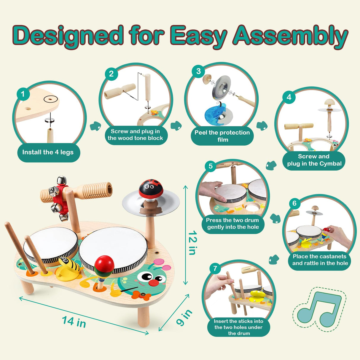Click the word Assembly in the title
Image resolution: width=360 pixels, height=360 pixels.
[x=290, y=36]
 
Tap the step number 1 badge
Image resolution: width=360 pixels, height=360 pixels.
[x=23, y=94]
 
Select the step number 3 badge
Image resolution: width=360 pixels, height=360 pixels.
[x=198, y=71]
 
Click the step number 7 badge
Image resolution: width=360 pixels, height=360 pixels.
[x=215, y=269]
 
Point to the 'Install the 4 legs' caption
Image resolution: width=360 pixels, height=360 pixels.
[x=48, y=152]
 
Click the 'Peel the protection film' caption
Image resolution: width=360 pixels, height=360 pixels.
[x=222, y=136]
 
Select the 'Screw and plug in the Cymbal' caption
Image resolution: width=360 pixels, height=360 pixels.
[x=314, y=160]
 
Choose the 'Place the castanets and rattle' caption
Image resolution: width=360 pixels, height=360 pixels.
[x=320, y=260]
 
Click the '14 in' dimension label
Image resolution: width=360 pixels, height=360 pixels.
[x=74, y=322]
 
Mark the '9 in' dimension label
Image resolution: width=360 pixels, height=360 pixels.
[x=184, y=318]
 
